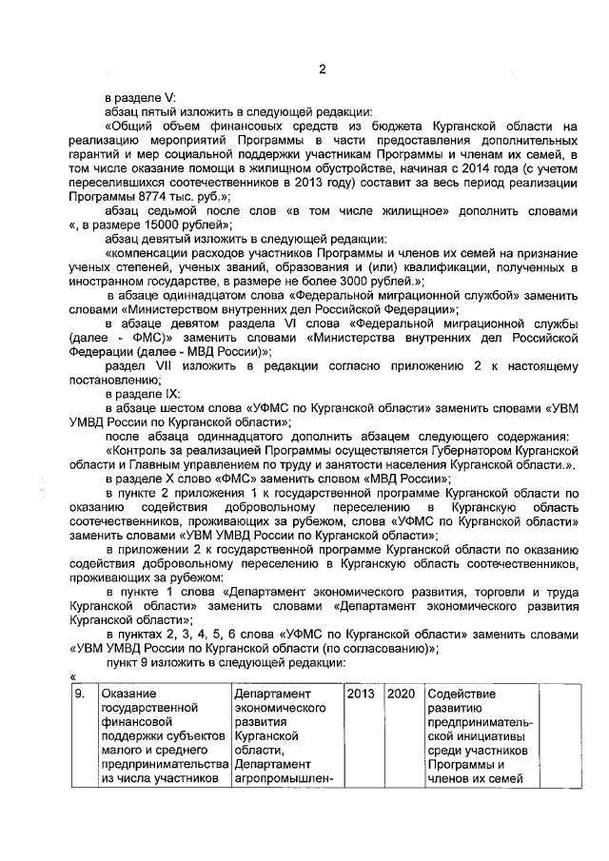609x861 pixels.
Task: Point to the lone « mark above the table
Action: tap(72, 676)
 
